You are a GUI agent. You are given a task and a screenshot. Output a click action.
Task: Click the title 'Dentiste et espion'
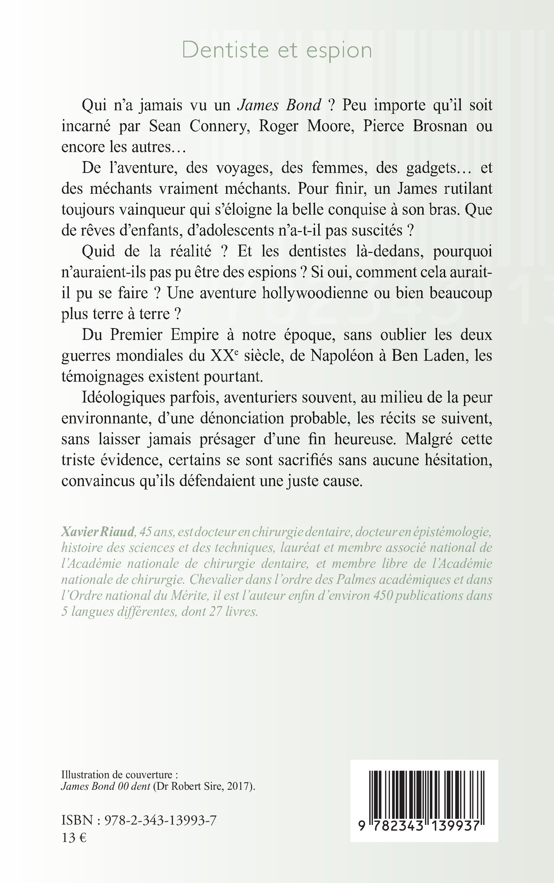(x=277, y=50)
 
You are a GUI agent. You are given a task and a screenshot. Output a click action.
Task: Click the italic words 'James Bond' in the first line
(x=280, y=105)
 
